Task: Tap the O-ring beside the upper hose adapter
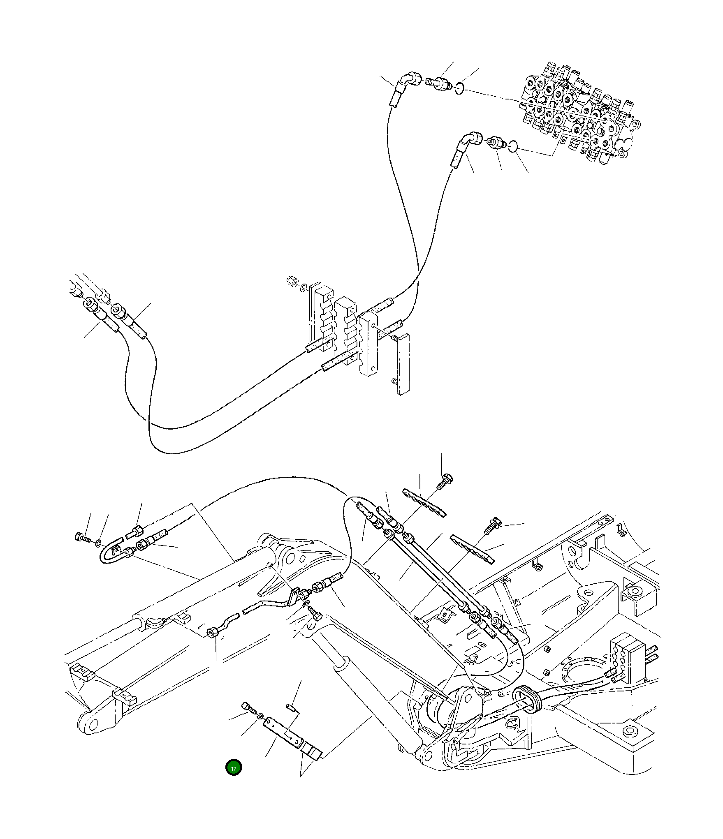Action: click(461, 88)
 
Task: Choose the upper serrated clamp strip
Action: click(424, 502)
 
